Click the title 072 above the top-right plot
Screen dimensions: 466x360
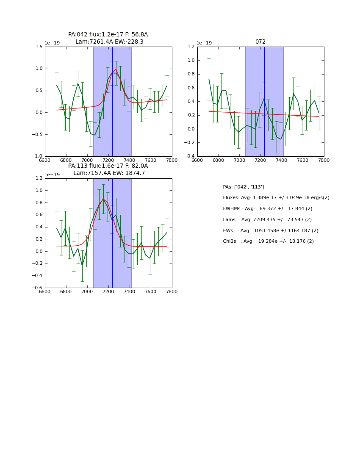click(x=260, y=42)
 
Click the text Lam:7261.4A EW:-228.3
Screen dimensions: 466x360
click(x=109, y=42)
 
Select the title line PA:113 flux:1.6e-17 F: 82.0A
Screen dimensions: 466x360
click(x=108, y=166)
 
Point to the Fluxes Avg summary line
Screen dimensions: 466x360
click(x=276, y=198)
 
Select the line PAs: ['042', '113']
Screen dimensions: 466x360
click(x=243, y=187)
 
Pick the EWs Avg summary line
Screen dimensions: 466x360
click(x=270, y=230)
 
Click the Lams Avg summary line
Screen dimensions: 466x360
click(x=267, y=220)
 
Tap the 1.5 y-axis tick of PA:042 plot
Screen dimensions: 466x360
click(x=39, y=47)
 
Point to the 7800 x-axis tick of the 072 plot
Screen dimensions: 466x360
click(x=324, y=160)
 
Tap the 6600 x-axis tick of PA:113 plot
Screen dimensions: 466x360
click(x=45, y=292)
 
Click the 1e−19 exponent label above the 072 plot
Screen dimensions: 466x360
click(x=205, y=43)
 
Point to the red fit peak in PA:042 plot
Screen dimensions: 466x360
click(x=116, y=69)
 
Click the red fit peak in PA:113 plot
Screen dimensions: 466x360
click(x=103, y=199)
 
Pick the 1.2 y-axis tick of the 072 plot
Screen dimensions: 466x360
click(x=191, y=47)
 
